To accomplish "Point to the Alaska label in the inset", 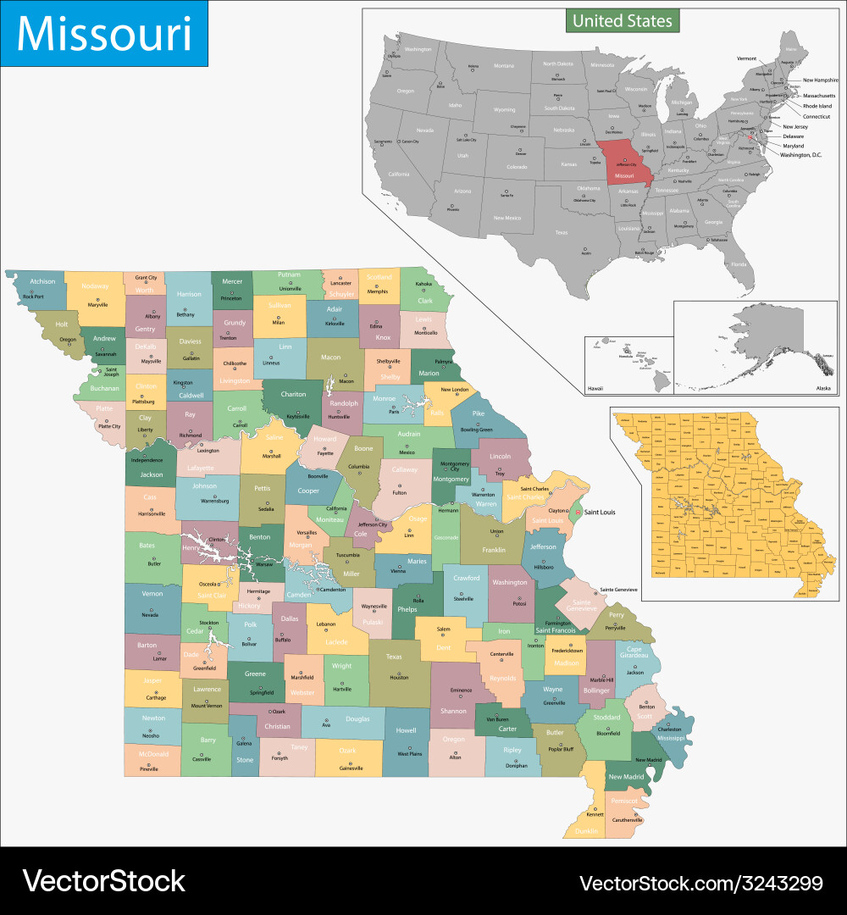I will pos(822,387).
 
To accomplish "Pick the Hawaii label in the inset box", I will pos(596,388).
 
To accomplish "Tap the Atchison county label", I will pos(42,281).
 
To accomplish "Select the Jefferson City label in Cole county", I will pos(374,524).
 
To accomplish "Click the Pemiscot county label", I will pos(624,800).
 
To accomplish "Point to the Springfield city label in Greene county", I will pos(261,692).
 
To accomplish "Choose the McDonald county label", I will pos(153,753).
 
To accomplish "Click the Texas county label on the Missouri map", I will pos(394,657).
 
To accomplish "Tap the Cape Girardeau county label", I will pos(634,653).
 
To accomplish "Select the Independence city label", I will pos(147,460).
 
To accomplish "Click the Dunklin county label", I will pos(585,831).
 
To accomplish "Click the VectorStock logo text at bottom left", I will pos(103,881).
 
